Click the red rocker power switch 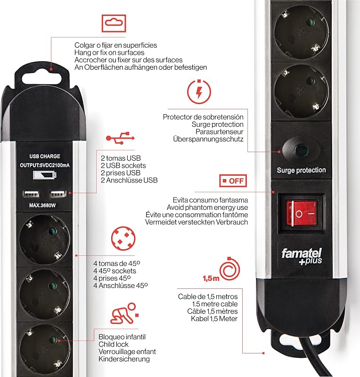302,213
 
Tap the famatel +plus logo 302,256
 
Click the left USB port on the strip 31,194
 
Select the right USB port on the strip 58,194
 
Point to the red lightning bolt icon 199,92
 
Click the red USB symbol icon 120,138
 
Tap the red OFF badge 233,181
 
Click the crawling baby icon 123,313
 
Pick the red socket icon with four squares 123,238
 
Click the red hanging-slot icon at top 114,23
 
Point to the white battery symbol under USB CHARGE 45,175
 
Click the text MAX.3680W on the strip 42,205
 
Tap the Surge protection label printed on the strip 301,170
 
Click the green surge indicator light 302,150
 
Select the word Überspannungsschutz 208,139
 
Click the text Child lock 114,344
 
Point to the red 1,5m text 211,279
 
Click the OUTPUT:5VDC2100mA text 45,165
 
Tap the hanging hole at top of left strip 41,79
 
